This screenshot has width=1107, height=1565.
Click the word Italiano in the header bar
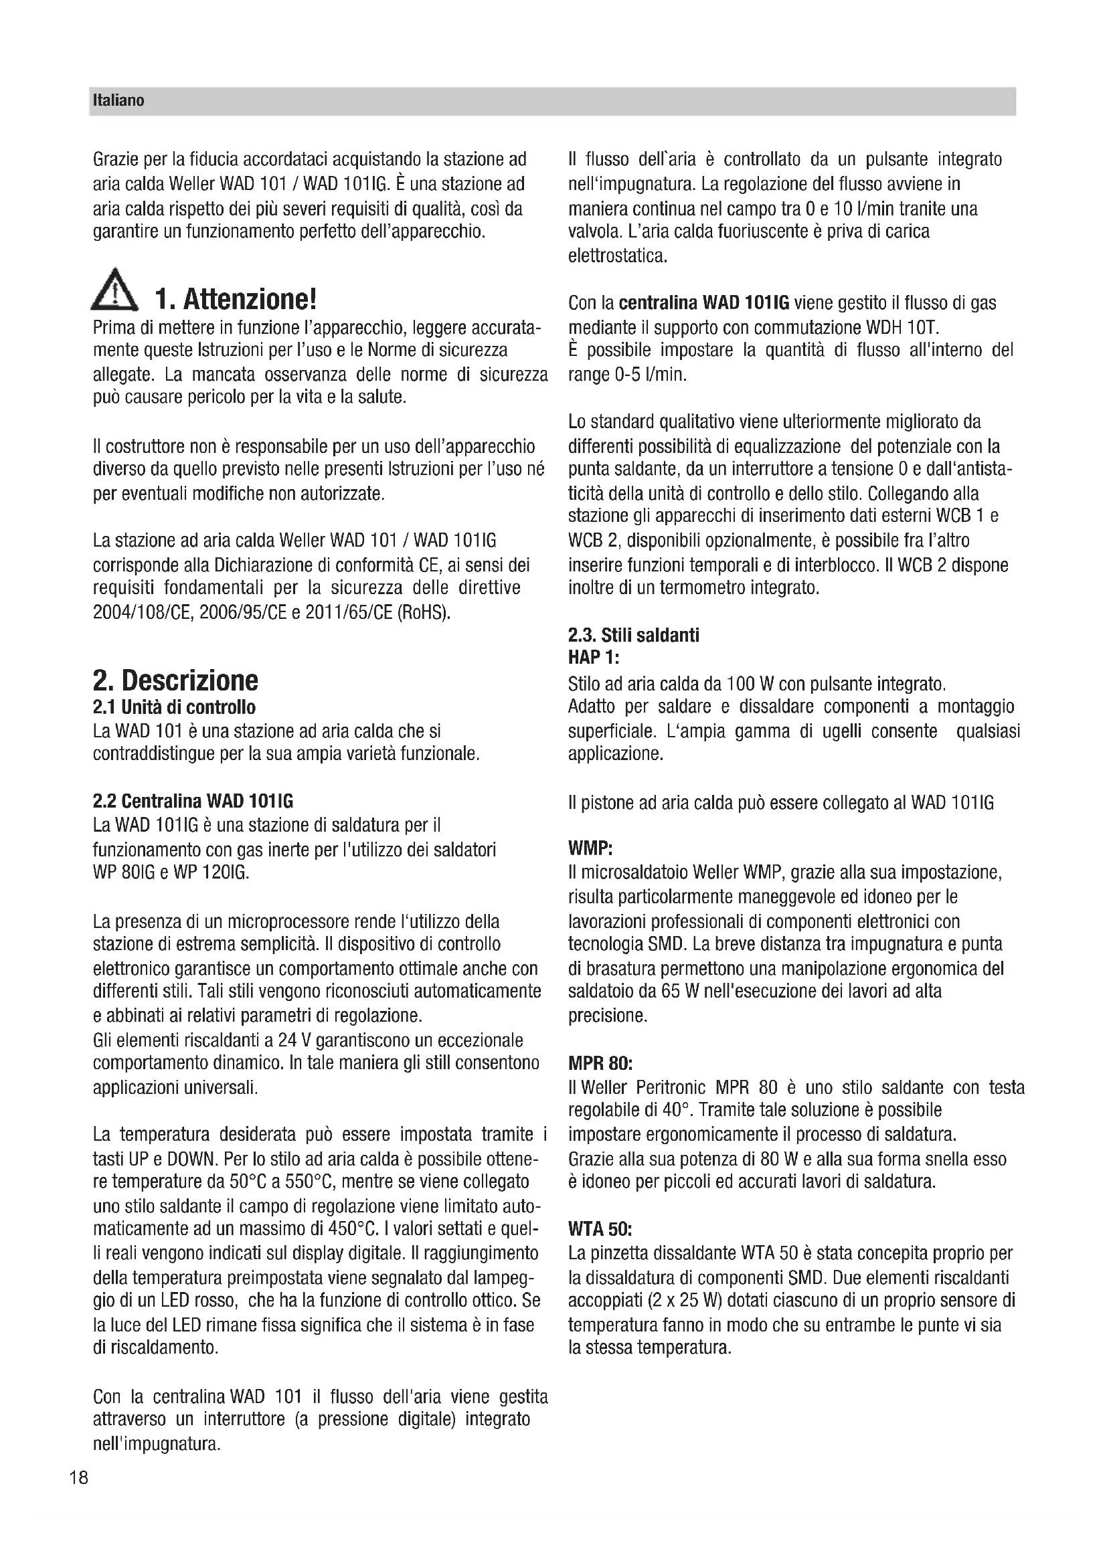(118, 101)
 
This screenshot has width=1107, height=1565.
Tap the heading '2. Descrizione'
(175, 680)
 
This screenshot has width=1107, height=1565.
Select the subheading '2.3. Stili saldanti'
(633, 635)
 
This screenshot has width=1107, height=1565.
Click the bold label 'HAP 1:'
(593, 658)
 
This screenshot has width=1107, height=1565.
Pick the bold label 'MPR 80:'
(600, 1063)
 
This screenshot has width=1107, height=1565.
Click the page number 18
(78, 1478)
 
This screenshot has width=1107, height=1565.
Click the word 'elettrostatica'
(617, 256)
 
